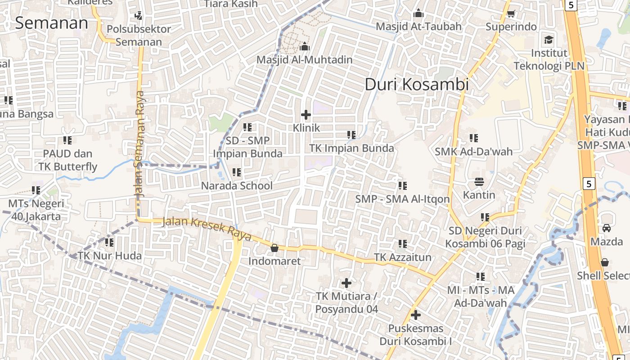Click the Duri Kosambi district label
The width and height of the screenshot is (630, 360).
[417, 84]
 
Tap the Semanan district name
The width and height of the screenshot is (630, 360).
[51, 23]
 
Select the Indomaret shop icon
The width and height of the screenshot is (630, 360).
[274, 248]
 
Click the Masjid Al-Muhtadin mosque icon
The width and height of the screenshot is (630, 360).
[305, 46]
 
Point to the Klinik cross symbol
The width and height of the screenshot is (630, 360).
[306, 115]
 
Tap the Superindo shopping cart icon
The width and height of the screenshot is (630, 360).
[511, 14]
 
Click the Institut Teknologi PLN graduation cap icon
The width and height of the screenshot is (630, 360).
[549, 40]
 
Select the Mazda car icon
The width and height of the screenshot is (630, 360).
[607, 228]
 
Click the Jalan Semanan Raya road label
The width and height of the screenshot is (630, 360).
[140, 144]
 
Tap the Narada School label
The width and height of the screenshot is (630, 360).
[237, 185]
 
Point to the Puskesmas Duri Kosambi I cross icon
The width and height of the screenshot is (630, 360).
[416, 315]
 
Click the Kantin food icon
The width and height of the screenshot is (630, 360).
[479, 182]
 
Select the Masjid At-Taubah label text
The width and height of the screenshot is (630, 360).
[418, 27]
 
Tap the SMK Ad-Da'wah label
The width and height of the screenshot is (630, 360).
[473, 151]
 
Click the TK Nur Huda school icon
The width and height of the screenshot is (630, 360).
[109, 243]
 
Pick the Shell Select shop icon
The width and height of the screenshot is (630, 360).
[605, 262]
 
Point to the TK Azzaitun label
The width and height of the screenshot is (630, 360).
[403, 257]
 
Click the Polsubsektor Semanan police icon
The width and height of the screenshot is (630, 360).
[139, 16]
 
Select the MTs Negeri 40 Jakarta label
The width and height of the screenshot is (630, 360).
[36, 210]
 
